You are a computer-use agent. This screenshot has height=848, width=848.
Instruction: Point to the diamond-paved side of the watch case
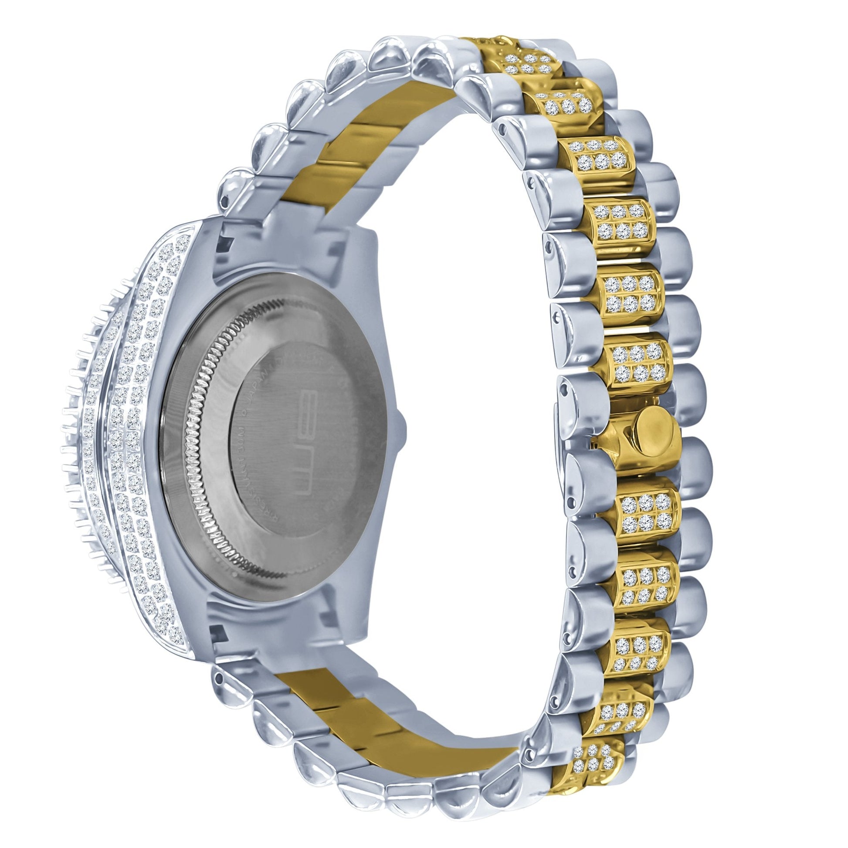click(140, 439)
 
